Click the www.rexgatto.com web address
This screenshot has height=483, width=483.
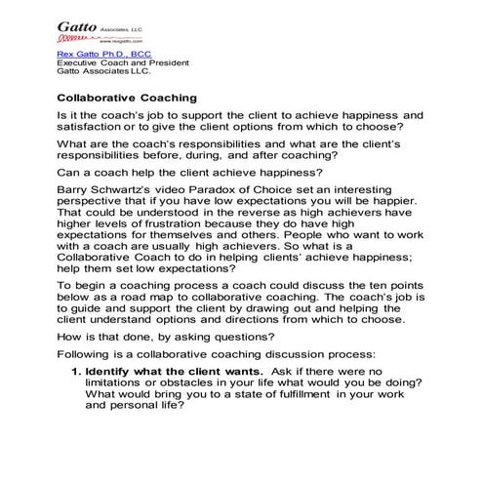click(x=81, y=42)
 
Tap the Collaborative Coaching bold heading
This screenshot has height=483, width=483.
click(x=128, y=99)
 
